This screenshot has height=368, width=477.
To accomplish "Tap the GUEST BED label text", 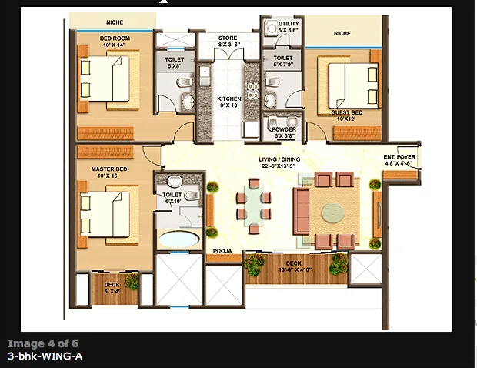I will (x=347, y=112).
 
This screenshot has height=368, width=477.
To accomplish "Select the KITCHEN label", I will (x=229, y=100).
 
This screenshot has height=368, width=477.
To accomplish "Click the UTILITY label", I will (x=289, y=25).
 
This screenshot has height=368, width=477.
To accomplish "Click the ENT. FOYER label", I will (x=399, y=158).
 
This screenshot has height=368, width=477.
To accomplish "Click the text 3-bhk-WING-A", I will (x=45, y=356).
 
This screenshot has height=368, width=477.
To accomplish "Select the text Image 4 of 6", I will (x=43, y=343).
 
